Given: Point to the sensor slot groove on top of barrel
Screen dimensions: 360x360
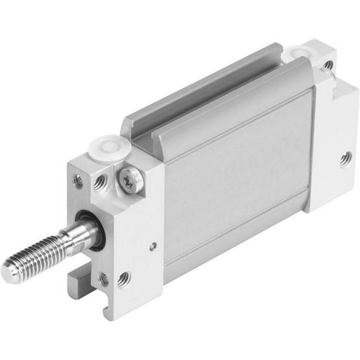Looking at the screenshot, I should tap(202, 94).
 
